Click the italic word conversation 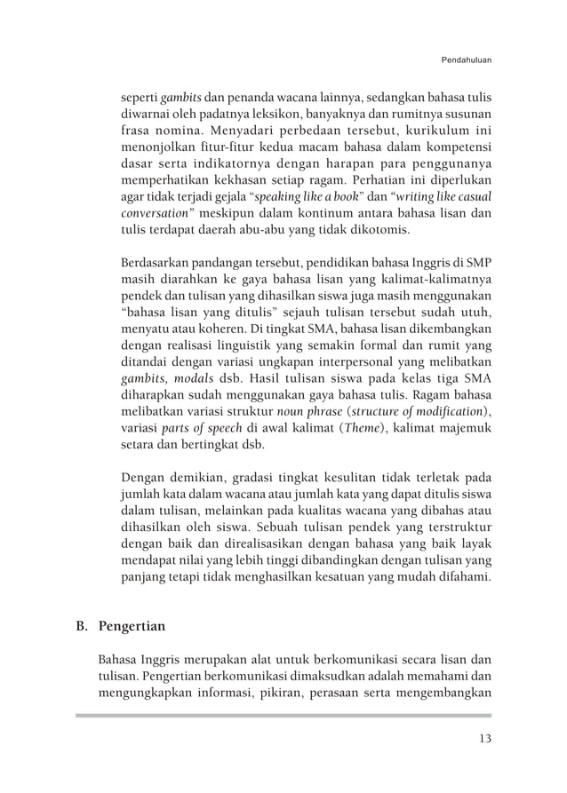coord(154,214)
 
